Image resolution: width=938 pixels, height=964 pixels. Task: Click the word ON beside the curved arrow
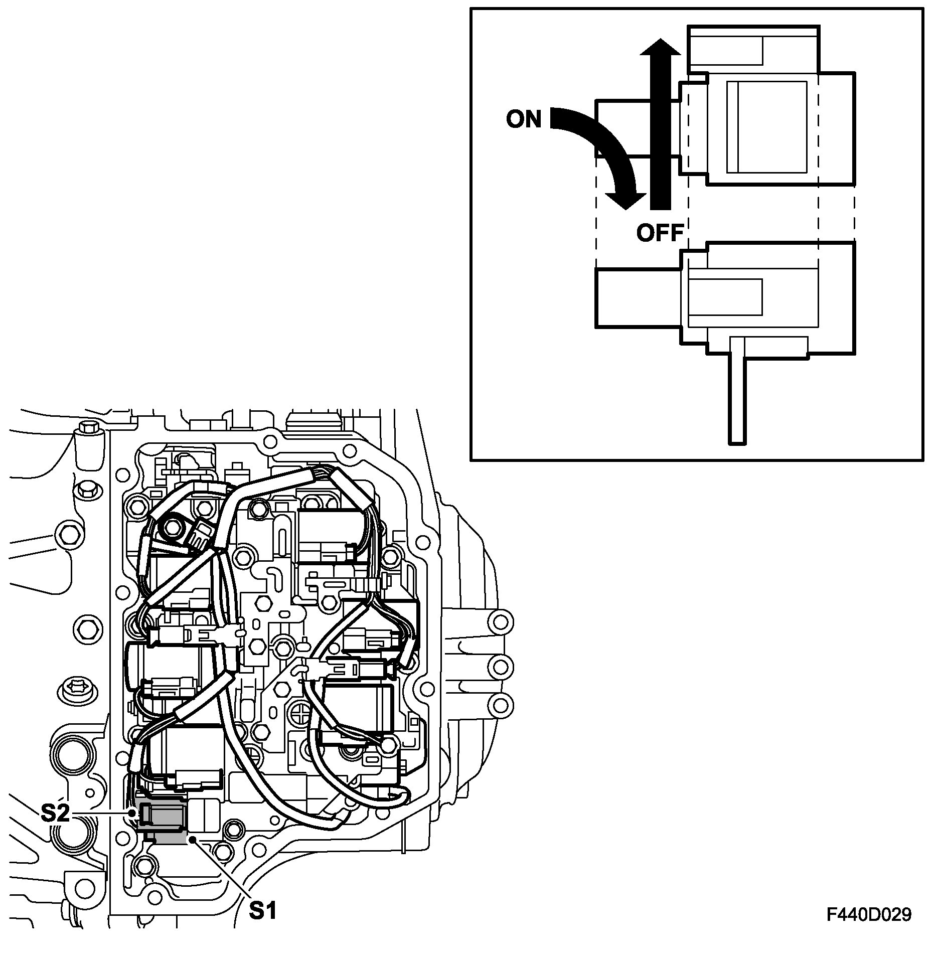[524, 119]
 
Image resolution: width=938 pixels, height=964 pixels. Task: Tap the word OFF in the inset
[660, 233]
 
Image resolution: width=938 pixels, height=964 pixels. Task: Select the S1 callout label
[263, 910]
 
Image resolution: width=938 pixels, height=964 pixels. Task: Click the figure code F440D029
[869, 914]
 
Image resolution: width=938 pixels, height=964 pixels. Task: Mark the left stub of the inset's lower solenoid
[638, 297]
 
